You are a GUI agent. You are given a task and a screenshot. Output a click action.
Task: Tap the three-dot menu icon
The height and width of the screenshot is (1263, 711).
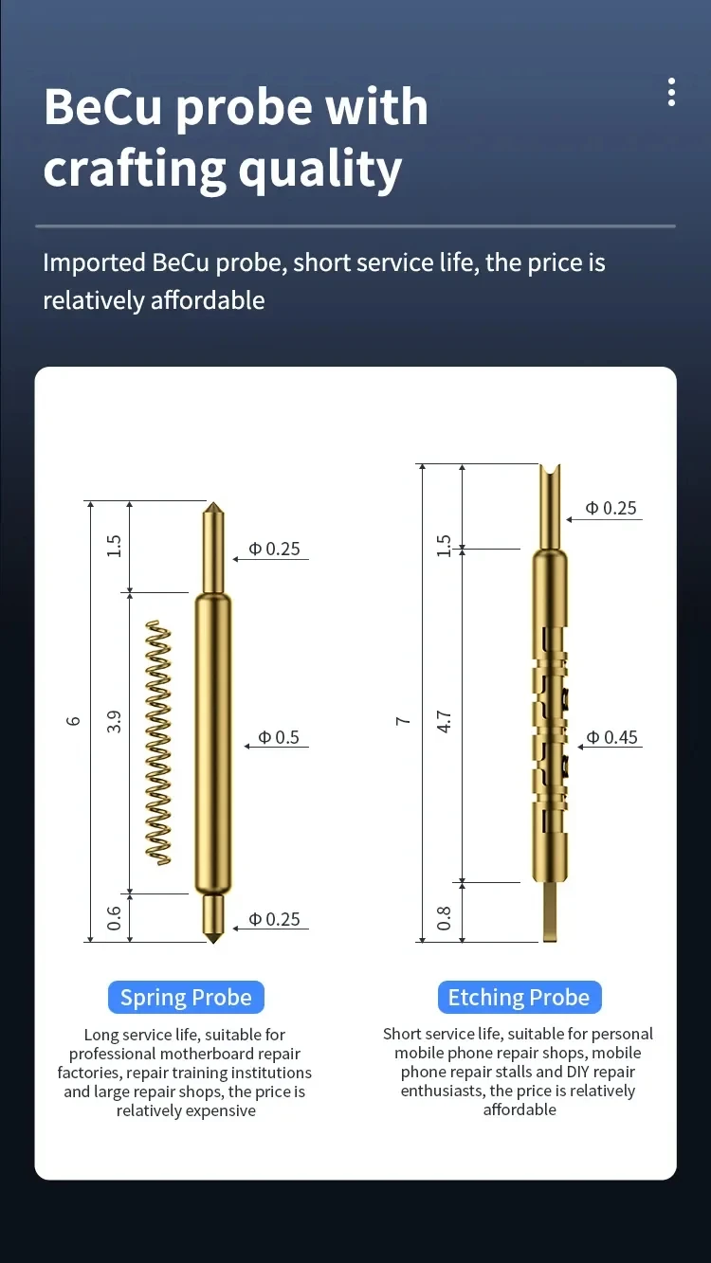[x=671, y=92]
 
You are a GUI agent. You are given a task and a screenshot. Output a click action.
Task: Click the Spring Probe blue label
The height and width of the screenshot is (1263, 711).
[x=186, y=998]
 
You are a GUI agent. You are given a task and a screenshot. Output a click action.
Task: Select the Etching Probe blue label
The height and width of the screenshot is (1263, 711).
[x=520, y=998]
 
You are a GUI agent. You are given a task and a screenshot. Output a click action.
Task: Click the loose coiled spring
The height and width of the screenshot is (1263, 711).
[x=158, y=743]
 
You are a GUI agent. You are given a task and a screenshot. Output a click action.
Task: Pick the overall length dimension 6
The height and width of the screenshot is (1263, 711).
[x=73, y=721]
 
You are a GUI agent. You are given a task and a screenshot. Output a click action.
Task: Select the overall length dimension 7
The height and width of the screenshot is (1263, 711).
[x=402, y=721]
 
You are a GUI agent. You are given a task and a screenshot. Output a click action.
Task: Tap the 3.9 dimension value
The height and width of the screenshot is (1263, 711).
[x=114, y=721]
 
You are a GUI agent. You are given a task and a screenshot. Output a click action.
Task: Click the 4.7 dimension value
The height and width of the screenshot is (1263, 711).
[x=445, y=721]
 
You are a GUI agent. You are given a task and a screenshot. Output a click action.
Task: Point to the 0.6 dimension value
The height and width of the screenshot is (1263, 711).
[x=114, y=918]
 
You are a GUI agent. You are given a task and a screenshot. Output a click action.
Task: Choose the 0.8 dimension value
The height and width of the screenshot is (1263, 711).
[x=445, y=918]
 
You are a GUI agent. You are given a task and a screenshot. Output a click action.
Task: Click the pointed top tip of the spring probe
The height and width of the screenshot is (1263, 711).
[x=213, y=502]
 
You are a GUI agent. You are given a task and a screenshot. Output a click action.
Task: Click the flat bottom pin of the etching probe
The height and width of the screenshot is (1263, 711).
[x=550, y=911]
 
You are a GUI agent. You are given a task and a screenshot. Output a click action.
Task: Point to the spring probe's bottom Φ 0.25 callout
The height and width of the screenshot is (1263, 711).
[x=274, y=919]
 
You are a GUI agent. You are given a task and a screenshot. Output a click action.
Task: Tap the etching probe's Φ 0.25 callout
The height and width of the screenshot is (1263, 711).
[x=611, y=508]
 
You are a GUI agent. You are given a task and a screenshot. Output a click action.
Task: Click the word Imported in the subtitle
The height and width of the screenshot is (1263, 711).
[x=94, y=264]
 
